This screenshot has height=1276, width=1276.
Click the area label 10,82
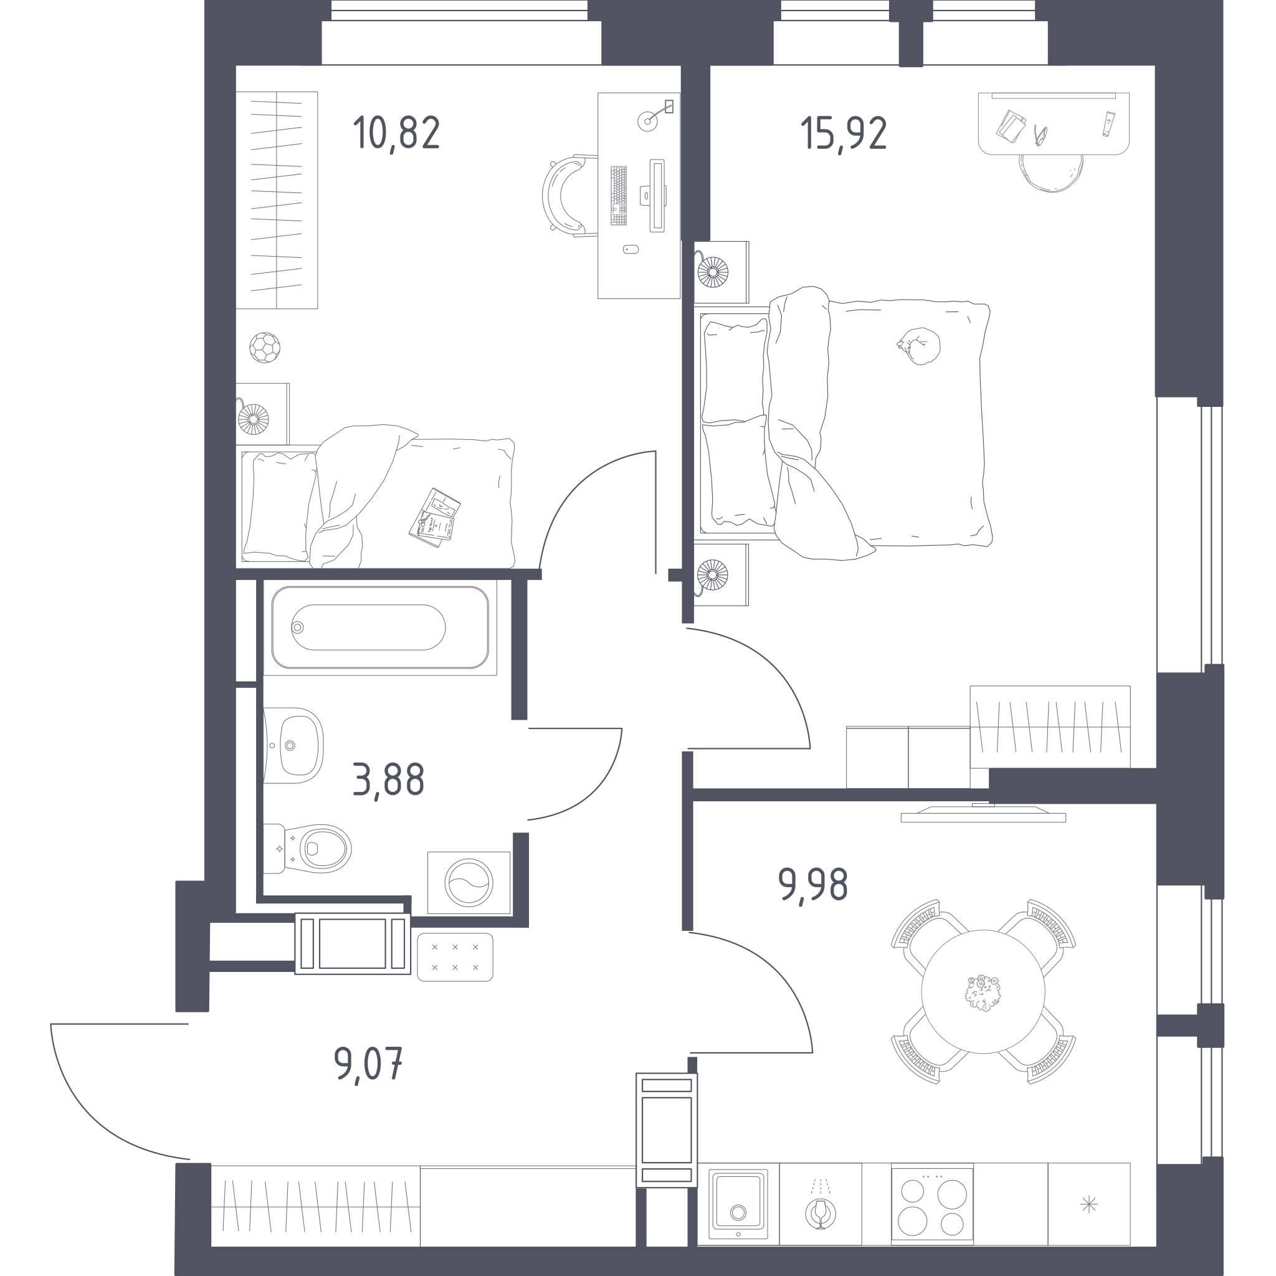pos(396,133)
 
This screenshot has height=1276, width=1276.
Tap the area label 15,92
pos(844,133)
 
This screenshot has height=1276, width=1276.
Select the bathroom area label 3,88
pos(388,780)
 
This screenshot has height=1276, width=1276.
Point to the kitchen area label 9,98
pos(812,885)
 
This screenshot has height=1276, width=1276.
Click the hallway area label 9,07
pos(368,1065)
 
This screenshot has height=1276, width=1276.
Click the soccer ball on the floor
pos(265,348)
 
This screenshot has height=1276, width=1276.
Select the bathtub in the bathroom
pos(381,627)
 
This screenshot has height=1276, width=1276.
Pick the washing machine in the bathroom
pos(469,882)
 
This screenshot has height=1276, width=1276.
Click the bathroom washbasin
pos(294,746)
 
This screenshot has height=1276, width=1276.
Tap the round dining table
pos(983,991)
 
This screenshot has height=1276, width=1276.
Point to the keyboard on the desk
pos(619,196)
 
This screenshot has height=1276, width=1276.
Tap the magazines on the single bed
pos(435,518)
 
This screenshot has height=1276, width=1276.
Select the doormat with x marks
pos(455,957)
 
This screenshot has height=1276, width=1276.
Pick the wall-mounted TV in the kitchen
pos(983,813)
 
